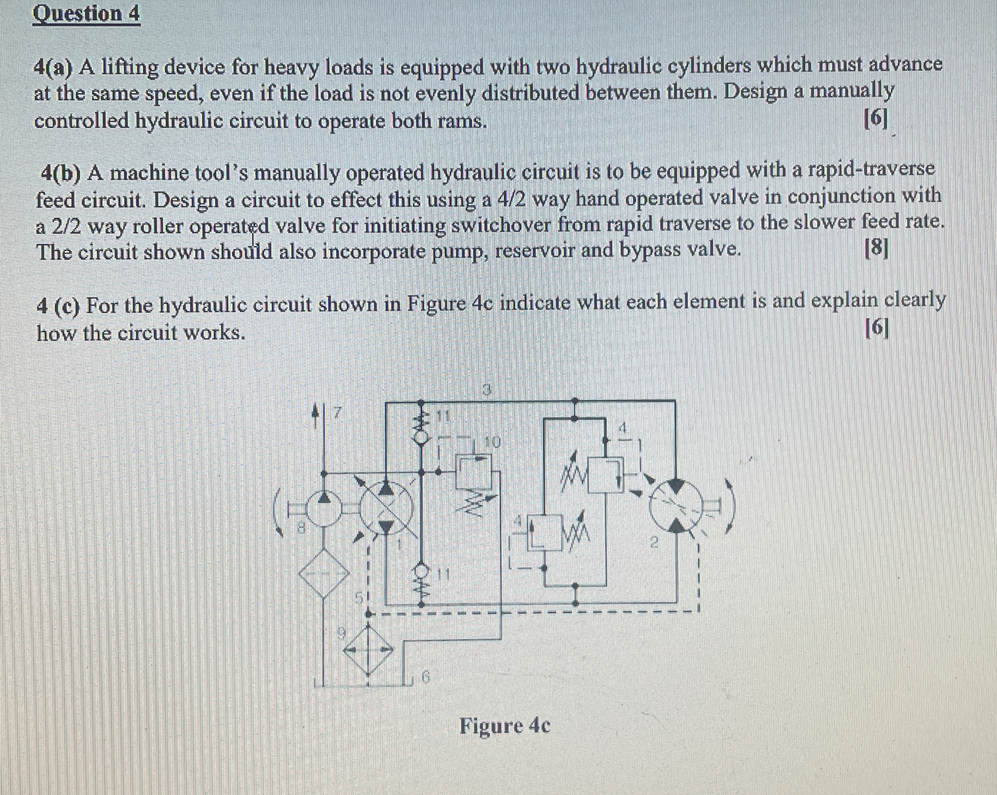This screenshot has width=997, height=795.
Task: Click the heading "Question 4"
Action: (x=86, y=14)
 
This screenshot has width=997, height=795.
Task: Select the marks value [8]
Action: (x=876, y=250)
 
